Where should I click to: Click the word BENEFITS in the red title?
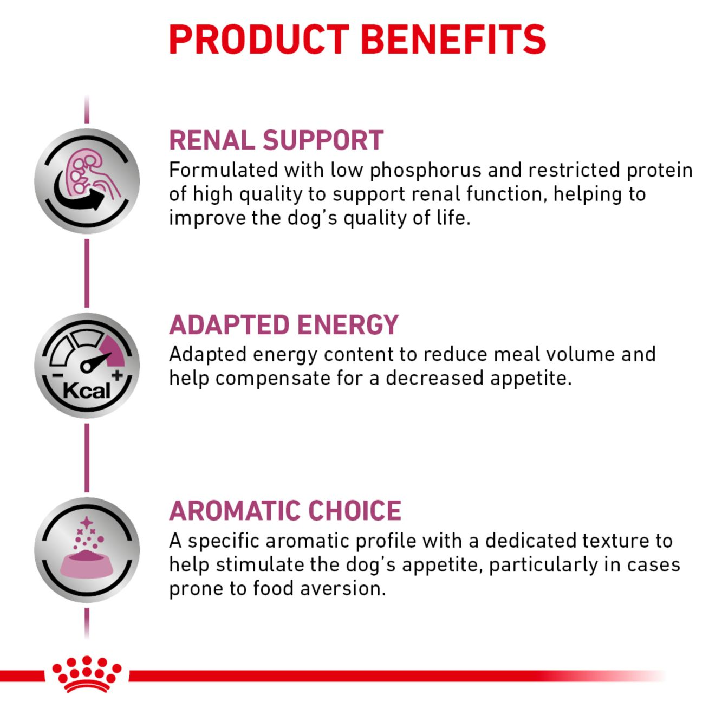point(453,39)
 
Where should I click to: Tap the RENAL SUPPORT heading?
point(276,140)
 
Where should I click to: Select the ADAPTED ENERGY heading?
point(284,324)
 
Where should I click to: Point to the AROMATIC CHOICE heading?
point(285,510)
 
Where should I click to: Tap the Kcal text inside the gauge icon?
point(86,390)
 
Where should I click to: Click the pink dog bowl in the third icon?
point(87,564)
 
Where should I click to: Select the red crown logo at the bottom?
point(87,674)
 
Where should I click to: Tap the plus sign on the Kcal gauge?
point(117,375)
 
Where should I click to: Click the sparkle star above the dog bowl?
point(86,523)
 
